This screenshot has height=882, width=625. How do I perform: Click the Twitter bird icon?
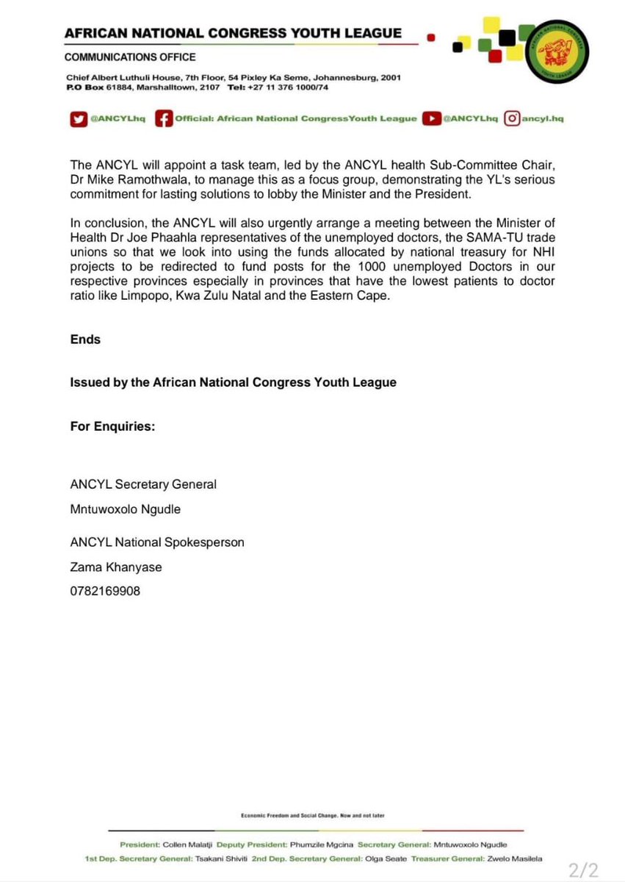(x=78, y=118)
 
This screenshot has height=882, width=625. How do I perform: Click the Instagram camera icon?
(x=513, y=118)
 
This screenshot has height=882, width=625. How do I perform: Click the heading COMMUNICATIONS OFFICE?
(x=130, y=57)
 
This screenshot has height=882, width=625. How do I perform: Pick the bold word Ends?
(x=85, y=340)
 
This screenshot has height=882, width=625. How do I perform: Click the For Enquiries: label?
(x=112, y=426)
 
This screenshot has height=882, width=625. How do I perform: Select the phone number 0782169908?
(x=105, y=589)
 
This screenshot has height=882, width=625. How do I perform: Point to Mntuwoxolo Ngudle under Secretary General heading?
(x=125, y=509)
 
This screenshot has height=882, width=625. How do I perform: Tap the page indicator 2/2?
(x=584, y=870)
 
